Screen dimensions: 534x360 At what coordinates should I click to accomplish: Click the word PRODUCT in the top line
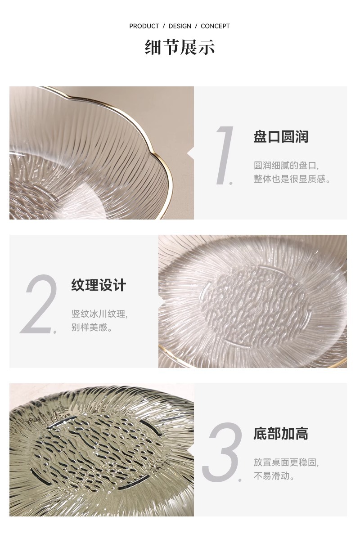144,26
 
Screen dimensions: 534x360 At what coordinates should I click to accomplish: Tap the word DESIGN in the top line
180,26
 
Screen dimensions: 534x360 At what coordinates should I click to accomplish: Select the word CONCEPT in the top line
215,26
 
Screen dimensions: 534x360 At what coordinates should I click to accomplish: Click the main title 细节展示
180,47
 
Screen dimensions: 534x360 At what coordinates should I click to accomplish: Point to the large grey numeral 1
225,155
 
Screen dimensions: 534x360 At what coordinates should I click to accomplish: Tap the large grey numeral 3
223,452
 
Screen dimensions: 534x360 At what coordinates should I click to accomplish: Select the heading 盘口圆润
281,137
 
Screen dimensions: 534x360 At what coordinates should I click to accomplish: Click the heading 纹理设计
99,285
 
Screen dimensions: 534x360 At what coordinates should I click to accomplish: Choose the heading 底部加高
281,434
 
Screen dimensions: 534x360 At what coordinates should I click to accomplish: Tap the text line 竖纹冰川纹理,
99,314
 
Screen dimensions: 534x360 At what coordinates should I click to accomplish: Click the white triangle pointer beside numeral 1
190,153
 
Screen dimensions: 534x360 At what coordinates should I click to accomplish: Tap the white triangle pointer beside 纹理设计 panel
162,301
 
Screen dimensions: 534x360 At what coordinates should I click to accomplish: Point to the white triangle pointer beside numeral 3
190,449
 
